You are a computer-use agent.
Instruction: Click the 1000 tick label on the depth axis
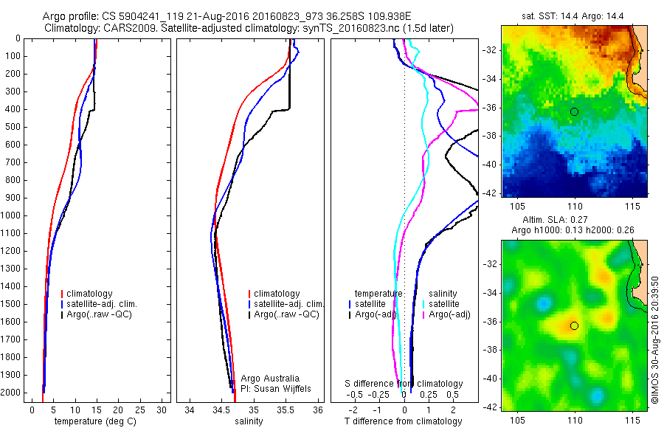tap(13, 215)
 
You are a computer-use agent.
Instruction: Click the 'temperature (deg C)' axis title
tap(93, 421)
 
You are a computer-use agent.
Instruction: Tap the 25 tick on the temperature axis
tap(140, 410)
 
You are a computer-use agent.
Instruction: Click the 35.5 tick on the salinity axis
tap(286, 410)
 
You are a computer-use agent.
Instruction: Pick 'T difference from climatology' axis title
tap(404, 421)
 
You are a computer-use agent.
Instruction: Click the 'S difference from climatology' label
tap(404, 384)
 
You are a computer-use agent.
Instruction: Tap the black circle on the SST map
tap(574, 111)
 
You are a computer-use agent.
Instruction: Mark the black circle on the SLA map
tap(574, 325)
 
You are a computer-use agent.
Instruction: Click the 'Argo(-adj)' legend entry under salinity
tap(450, 314)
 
